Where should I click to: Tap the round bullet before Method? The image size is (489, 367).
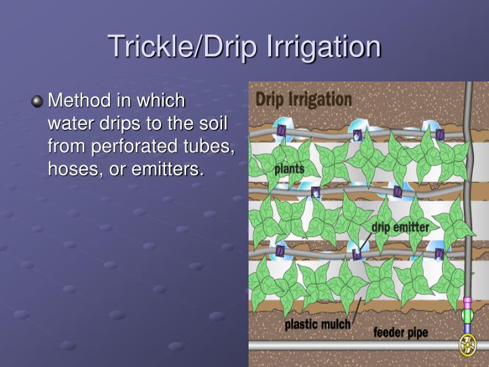37,102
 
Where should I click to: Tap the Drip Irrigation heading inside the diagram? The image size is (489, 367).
304,99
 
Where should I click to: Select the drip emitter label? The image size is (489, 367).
400,227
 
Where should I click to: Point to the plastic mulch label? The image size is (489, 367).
317,324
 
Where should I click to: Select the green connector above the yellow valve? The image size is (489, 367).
467,315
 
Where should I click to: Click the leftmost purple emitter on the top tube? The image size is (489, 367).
281,130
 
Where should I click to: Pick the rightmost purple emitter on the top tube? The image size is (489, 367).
439,135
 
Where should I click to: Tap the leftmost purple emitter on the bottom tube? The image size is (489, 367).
280,251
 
